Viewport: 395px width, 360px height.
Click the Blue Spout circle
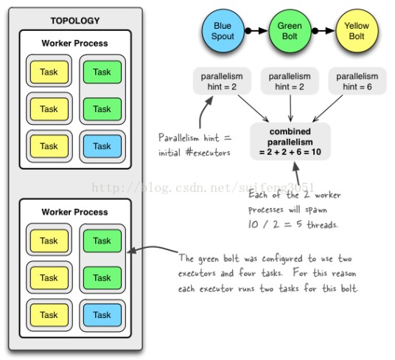coord(223,31)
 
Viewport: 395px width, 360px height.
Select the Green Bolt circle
coord(290,31)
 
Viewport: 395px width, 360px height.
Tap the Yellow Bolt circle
coord(357,31)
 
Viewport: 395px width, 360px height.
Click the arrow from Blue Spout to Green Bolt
coord(256,31)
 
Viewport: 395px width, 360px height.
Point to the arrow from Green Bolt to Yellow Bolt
coord(324,31)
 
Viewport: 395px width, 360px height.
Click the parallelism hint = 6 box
coord(357,81)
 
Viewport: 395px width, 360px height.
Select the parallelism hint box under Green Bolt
coord(290,81)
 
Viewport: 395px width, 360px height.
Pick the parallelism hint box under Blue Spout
coord(222,81)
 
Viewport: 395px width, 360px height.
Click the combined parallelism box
coord(290,142)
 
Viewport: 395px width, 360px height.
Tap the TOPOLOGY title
coord(75,21)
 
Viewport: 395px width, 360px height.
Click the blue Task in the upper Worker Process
coord(102,146)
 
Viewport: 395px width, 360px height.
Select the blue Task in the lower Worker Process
coord(102,315)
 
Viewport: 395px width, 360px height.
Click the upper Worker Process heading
coord(75,44)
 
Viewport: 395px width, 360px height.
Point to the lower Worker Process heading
coord(75,212)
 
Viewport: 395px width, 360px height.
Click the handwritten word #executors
coord(208,153)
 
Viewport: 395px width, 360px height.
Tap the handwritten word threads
coord(322,224)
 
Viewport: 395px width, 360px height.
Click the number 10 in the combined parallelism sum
coord(316,152)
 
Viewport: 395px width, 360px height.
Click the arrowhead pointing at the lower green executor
coord(132,251)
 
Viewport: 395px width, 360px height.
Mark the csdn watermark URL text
coord(203,188)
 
